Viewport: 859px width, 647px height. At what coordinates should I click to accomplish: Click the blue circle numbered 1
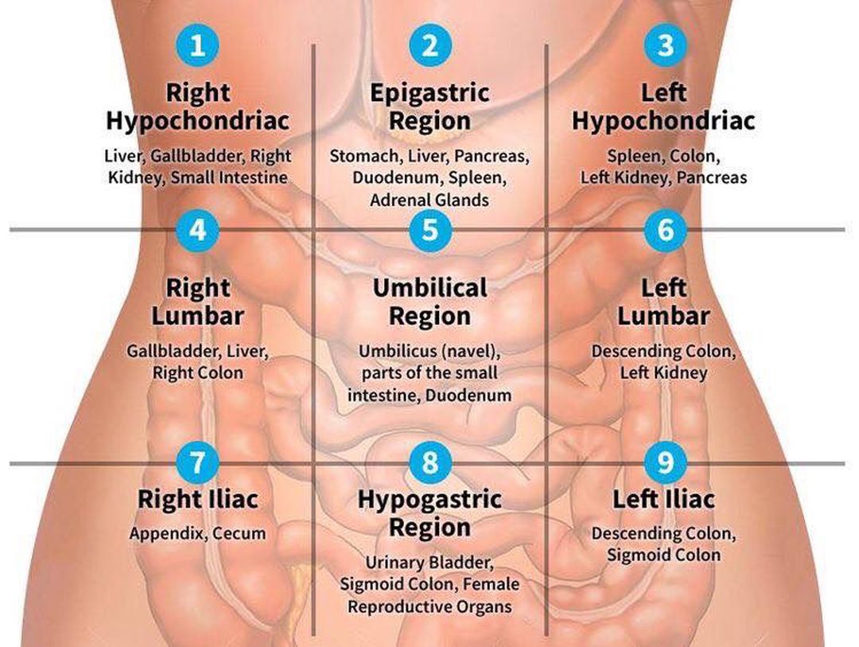(x=197, y=45)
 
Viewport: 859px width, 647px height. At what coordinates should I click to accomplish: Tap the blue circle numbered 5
(x=430, y=230)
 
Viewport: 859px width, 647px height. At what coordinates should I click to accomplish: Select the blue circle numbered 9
(x=665, y=462)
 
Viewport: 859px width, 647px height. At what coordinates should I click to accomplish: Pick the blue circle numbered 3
(x=665, y=45)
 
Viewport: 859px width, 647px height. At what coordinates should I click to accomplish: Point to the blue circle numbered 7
(x=197, y=462)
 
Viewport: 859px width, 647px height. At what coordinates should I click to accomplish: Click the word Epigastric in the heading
(x=430, y=93)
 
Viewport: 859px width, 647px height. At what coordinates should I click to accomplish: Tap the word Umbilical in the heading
(x=430, y=288)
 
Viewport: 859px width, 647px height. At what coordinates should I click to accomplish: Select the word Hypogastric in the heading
(x=430, y=500)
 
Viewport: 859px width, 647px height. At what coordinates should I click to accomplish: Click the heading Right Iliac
(x=198, y=499)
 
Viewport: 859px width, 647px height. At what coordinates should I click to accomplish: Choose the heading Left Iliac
(x=663, y=499)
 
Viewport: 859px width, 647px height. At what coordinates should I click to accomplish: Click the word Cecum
(x=239, y=533)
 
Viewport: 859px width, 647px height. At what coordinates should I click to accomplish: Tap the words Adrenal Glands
(x=429, y=200)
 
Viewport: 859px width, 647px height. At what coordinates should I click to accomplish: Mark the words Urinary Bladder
(x=429, y=563)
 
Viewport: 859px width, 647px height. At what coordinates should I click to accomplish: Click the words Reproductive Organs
(x=430, y=607)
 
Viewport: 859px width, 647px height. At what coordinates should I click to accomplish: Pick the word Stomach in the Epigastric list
(x=365, y=157)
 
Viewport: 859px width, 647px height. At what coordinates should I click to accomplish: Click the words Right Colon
(x=198, y=373)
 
